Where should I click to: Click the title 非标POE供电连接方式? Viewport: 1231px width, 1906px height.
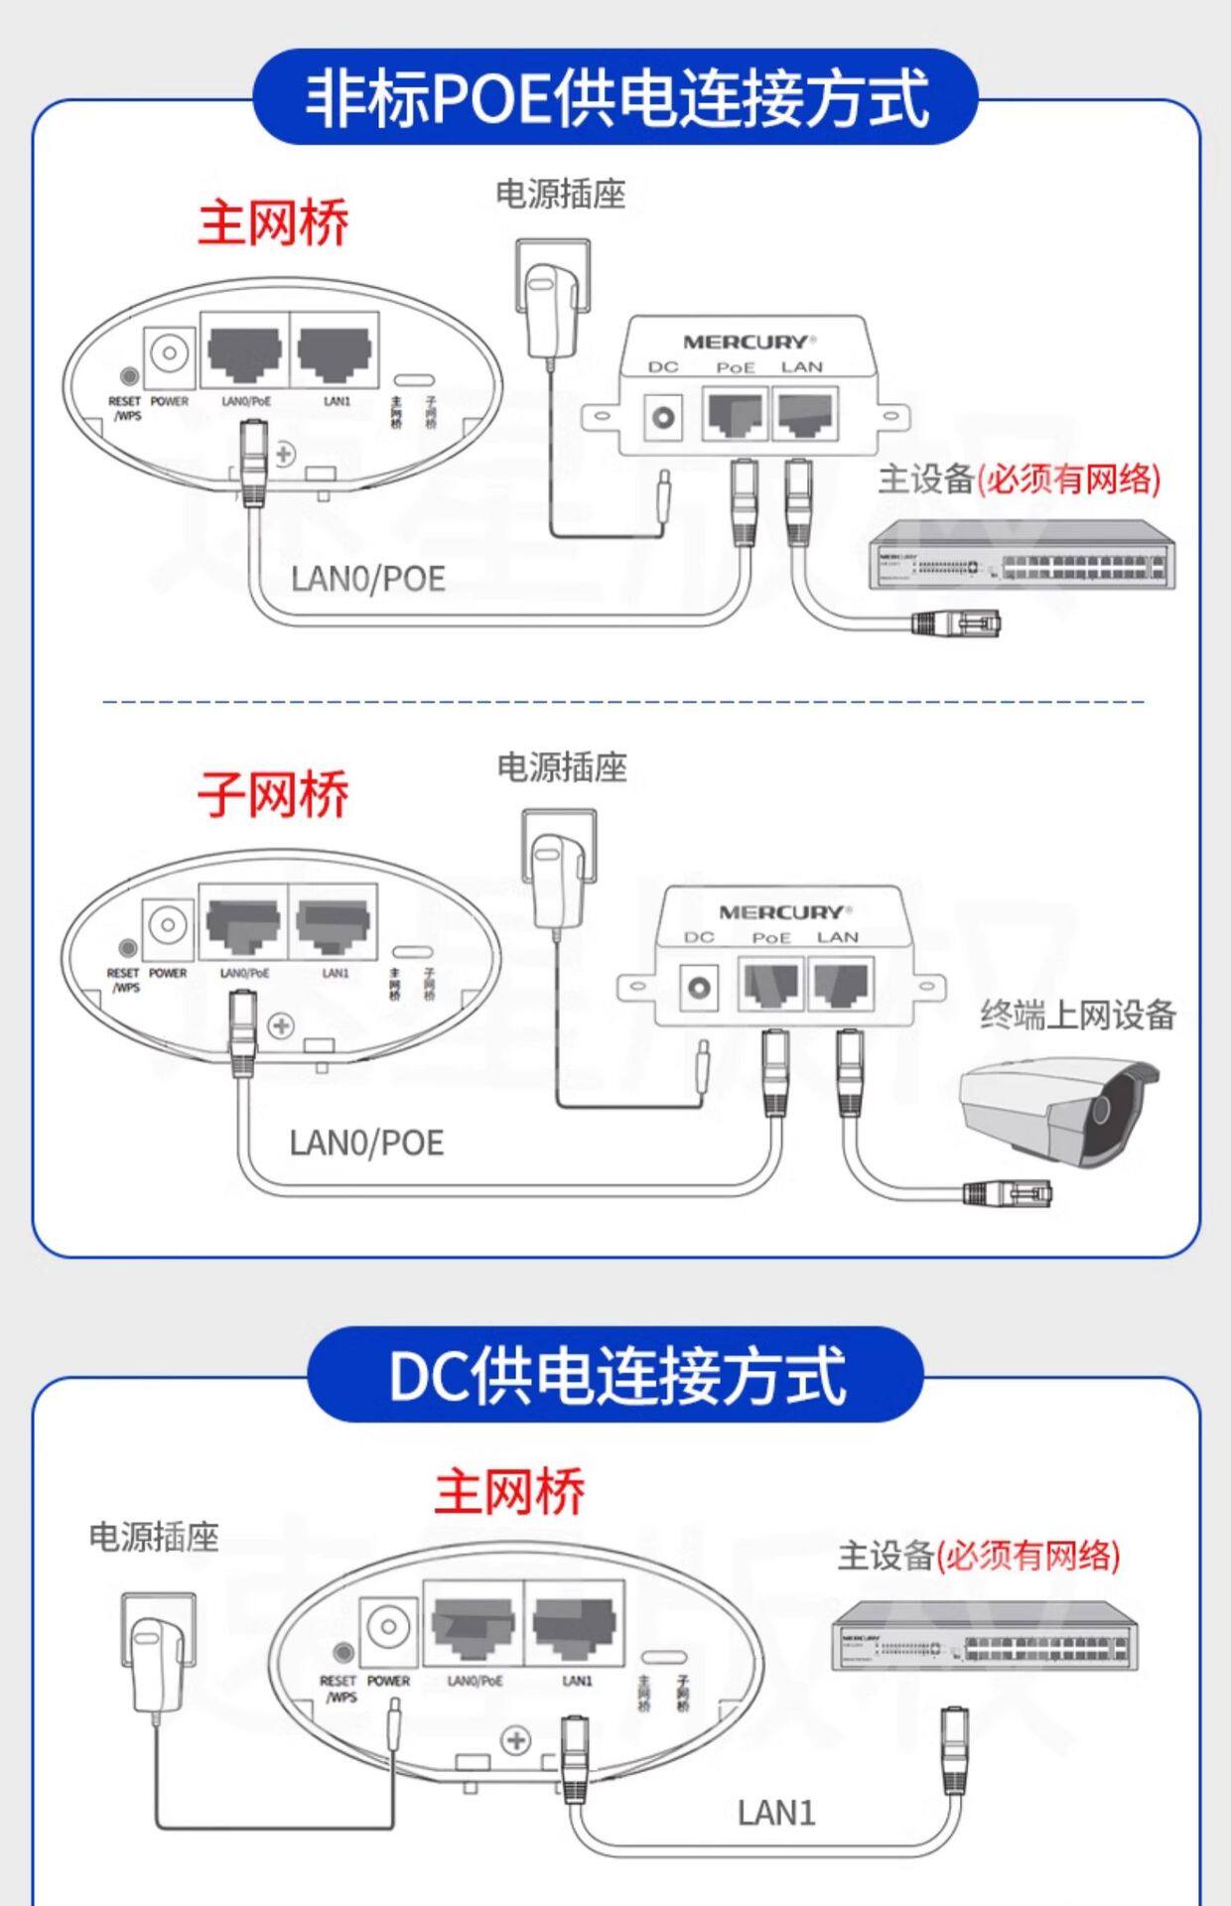(615, 97)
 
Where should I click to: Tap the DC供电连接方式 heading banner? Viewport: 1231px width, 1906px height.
(615, 1374)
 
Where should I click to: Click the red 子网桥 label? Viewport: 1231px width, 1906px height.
(273, 794)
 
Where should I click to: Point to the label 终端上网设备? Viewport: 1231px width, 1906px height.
(1078, 1015)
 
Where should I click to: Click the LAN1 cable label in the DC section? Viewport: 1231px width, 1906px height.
(776, 1813)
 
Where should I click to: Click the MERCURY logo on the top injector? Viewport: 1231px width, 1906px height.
(746, 342)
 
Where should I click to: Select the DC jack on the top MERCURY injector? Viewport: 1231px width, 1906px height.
(663, 417)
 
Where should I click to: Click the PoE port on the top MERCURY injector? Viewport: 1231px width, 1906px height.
(735, 414)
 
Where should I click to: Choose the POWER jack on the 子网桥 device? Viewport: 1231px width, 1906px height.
(168, 925)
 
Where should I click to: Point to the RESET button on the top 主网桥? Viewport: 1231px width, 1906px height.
(128, 376)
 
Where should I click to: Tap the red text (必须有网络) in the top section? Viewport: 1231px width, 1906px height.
(1068, 479)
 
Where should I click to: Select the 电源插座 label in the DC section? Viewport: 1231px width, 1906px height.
(154, 1538)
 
